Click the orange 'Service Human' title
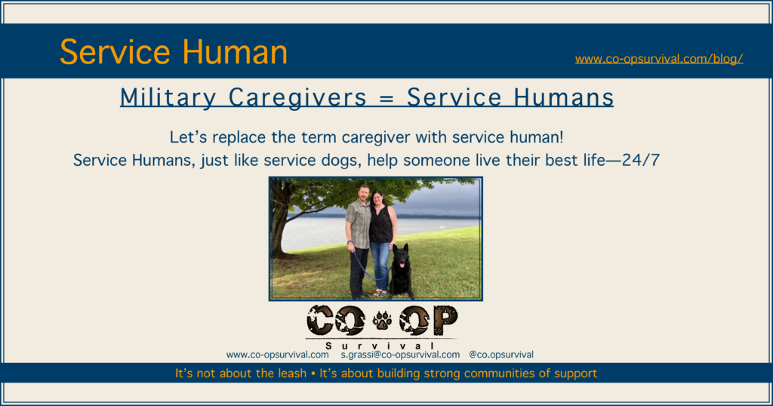(x=174, y=52)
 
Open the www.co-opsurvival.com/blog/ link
(x=658, y=59)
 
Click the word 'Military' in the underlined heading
(x=168, y=97)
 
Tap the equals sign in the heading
(x=386, y=98)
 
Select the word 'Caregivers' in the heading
(x=297, y=97)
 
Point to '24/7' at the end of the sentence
(x=641, y=160)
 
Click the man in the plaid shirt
(x=359, y=241)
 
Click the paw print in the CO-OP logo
(x=382, y=321)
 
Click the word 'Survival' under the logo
(x=380, y=346)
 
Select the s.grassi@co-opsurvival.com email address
(x=400, y=355)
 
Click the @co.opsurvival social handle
(x=501, y=355)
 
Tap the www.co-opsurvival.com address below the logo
(x=278, y=355)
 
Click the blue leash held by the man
(x=368, y=266)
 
